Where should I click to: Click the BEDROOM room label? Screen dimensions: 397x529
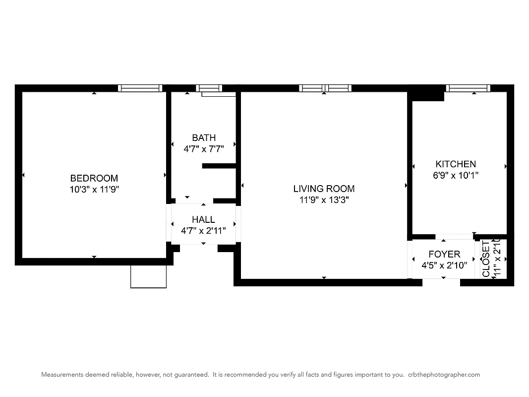(x=94, y=178)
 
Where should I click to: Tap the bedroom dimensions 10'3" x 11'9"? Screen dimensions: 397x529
(x=94, y=189)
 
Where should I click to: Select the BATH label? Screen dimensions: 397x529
(x=204, y=138)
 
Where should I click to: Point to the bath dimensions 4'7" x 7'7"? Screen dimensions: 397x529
(x=204, y=148)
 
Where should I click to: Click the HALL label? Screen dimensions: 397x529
(x=203, y=219)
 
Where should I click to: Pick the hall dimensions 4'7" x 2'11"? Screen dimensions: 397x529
(x=203, y=230)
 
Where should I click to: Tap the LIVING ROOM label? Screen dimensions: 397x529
(x=324, y=189)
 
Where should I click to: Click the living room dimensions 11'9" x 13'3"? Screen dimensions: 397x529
(x=324, y=200)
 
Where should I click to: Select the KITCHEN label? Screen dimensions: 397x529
(x=455, y=164)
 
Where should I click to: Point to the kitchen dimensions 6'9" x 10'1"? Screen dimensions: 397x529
(x=455, y=175)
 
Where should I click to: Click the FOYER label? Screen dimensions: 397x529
(x=444, y=255)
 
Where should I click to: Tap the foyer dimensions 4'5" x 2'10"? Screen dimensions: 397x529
(x=444, y=265)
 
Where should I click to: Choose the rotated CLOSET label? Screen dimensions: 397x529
(x=486, y=259)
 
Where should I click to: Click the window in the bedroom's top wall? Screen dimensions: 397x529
(x=140, y=88)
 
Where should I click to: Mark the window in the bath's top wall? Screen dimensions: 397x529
(x=208, y=88)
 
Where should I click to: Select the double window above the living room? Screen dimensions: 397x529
(x=325, y=88)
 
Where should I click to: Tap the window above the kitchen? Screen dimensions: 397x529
(x=468, y=88)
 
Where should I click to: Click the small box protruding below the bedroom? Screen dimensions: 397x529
(x=148, y=276)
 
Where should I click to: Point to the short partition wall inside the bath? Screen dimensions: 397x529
(x=219, y=166)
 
